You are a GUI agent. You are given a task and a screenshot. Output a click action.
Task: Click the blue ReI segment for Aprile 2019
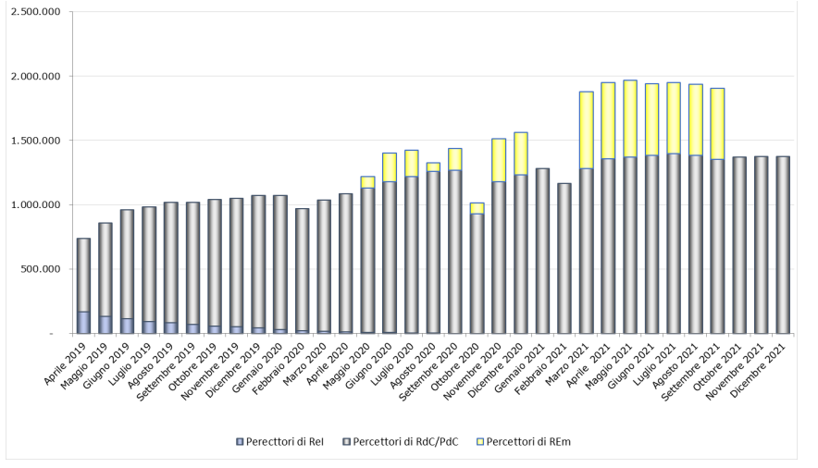[x=83, y=322]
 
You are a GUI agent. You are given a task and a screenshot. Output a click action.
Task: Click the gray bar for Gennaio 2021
[x=542, y=251]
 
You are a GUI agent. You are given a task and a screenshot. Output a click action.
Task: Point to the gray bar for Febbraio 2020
[x=302, y=269]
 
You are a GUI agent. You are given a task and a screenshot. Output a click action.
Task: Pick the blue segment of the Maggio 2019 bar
[x=105, y=324]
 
